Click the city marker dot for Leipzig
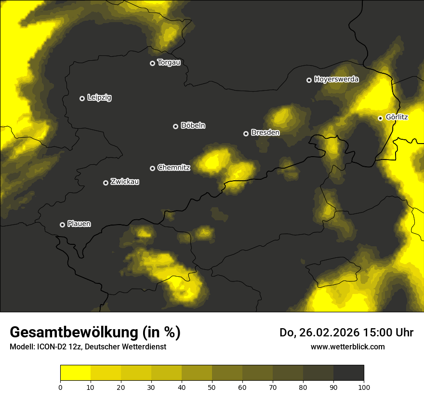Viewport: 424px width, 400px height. coord(82,98)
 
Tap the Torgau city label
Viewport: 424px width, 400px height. coord(169,63)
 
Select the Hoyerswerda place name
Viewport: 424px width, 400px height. coord(336,80)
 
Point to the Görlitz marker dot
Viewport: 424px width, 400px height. coord(380,118)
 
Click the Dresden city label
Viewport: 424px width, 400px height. coord(265,133)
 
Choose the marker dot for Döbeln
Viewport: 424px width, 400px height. coord(175,126)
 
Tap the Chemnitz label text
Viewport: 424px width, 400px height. coord(173,168)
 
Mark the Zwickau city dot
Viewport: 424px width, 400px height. coord(106,183)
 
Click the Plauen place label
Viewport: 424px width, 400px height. coord(79,224)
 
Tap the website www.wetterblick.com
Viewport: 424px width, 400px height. coord(348,347)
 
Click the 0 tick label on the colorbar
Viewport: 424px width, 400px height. coord(60,387)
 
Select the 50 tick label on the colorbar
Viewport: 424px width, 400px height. coord(212,387)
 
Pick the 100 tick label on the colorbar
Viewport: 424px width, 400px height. coord(364,387)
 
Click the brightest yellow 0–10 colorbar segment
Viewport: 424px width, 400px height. coord(75,373)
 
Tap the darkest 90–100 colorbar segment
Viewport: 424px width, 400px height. coord(348,373)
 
